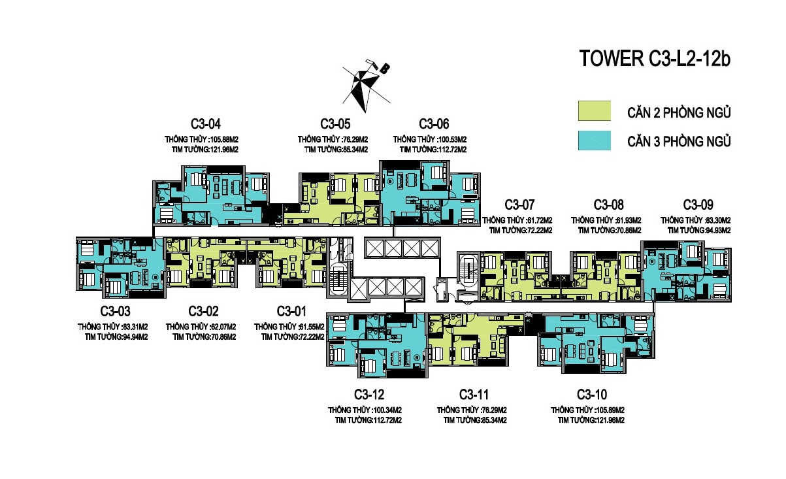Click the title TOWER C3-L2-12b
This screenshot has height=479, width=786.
click(655, 58)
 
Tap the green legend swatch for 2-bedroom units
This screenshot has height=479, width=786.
click(595, 111)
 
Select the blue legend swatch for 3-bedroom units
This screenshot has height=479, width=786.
click(595, 140)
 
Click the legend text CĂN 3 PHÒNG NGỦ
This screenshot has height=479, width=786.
click(679, 141)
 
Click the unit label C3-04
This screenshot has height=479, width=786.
click(206, 124)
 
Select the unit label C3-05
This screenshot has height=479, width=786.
click(335, 124)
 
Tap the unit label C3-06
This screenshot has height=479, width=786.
click(434, 124)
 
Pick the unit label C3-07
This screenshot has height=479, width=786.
click(519, 205)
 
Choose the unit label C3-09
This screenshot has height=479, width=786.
click(698, 205)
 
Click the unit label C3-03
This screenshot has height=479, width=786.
click(115, 311)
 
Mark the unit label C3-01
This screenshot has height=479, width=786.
click(291, 311)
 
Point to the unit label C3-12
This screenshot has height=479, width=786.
click(369, 395)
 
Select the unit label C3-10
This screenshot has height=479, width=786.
click(592, 395)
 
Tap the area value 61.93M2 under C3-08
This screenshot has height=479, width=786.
click(629, 220)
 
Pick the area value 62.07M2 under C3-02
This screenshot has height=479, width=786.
click(223, 327)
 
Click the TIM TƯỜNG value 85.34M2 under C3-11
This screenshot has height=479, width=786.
click(494, 420)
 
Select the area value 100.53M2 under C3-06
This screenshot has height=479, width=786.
click(453, 140)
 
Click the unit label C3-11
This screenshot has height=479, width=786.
click(474, 395)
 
